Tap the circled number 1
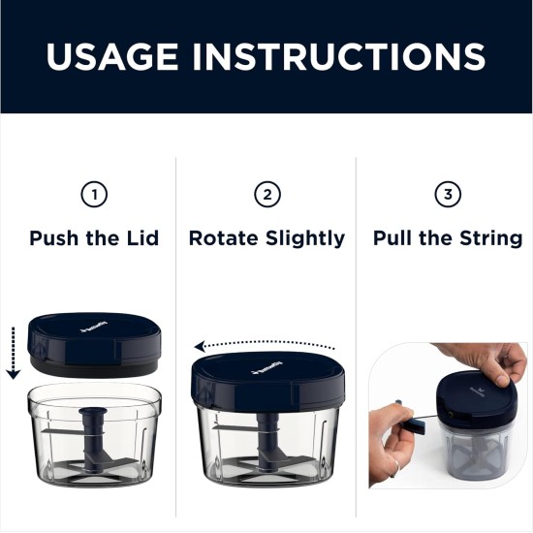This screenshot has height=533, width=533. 93,196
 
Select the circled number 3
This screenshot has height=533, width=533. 447,196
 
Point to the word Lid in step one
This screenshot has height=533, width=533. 141,237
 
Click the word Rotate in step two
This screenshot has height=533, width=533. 222,237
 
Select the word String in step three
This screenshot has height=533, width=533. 489,237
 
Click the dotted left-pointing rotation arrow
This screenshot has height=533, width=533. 265,345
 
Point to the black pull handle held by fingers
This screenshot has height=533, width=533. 413,422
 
